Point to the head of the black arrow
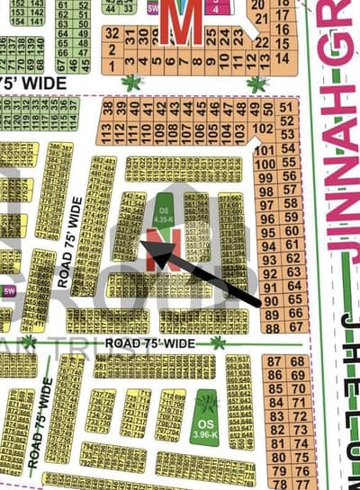click(x=154, y=254)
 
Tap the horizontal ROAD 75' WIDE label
click(x=149, y=343)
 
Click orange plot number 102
click(x=265, y=129)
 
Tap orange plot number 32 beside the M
click(x=112, y=32)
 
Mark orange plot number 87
click(x=274, y=361)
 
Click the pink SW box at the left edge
click(x=10, y=291)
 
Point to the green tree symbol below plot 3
click(x=133, y=83)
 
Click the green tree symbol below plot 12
click(x=257, y=83)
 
